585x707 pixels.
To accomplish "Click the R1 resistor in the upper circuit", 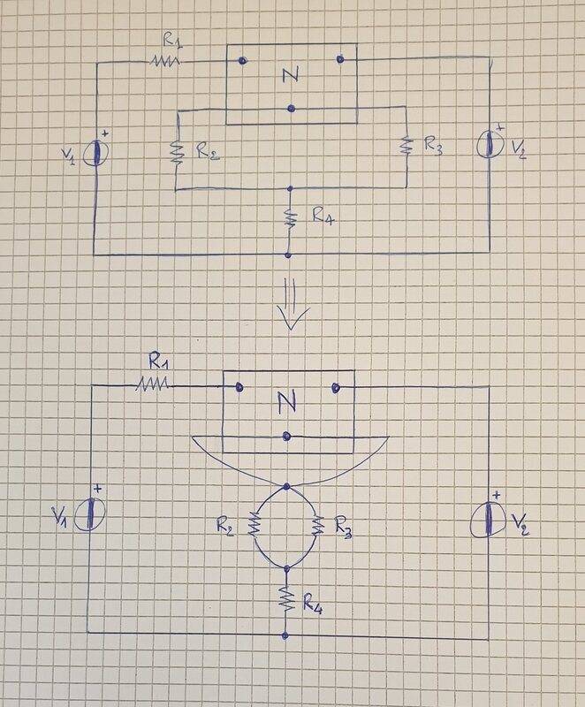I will click(x=165, y=61).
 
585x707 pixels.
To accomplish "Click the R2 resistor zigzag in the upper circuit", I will click(x=175, y=153).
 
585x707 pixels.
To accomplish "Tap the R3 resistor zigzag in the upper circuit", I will click(x=406, y=144).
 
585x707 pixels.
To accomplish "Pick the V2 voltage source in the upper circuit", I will click(x=490, y=144).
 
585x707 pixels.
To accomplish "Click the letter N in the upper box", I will click(x=290, y=75).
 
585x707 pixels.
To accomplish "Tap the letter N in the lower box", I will click(x=285, y=403).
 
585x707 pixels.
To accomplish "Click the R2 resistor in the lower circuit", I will click(x=253, y=528).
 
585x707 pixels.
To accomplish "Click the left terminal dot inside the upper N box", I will click(x=242, y=60).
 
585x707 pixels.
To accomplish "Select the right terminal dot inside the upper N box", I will click(x=339, y=59).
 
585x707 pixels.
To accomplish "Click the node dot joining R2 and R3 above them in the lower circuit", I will click(x=286, y=486).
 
